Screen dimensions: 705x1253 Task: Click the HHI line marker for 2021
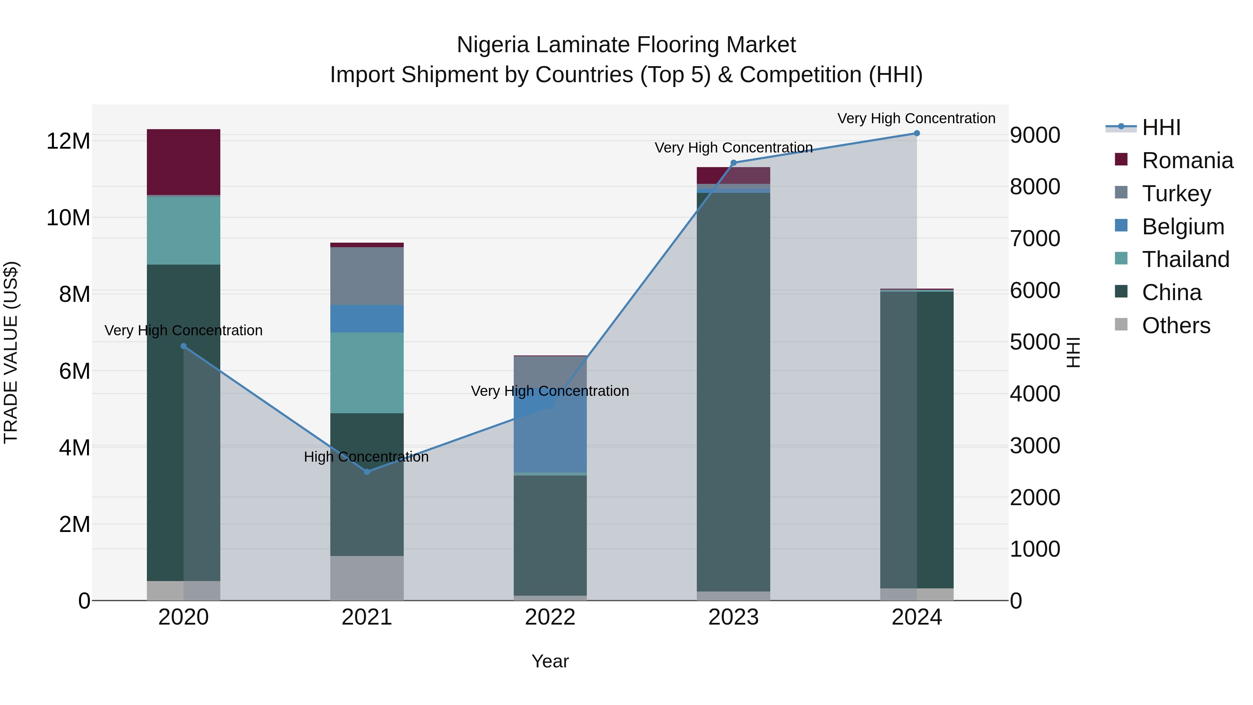367,471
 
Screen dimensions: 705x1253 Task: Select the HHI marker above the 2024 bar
916,133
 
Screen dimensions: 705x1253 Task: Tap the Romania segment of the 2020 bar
183,162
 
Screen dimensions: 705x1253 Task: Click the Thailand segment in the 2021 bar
367,372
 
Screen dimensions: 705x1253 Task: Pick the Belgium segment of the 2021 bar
367,318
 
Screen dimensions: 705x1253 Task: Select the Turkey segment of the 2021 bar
367,275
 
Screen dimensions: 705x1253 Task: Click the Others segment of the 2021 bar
367,578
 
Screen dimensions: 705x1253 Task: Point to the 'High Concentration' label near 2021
366,456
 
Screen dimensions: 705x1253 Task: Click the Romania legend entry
1187,160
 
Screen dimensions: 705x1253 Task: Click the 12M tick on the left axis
68,141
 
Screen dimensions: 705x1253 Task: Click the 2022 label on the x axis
550,617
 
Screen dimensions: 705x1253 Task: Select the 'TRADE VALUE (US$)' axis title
11,352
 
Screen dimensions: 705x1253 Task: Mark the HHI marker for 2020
183,346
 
